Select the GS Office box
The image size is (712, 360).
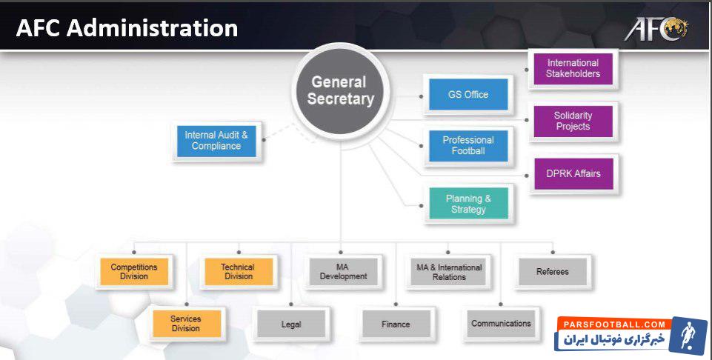pos(468,95)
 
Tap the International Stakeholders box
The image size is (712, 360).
pos(573,68)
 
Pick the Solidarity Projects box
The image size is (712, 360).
pos(573,121)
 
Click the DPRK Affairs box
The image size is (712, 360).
pos(573,173)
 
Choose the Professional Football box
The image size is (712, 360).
pos(468,145)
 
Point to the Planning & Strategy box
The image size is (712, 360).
pos(468,204)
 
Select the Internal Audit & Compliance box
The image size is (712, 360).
pos(216,141)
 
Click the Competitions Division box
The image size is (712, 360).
pos(134,272)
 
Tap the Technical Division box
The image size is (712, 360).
pos(238,272)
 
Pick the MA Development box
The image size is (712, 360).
pos(343,272)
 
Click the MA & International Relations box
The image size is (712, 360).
pos(448,272)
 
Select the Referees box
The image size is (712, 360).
pos(553,272)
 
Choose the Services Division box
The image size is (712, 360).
pos(186,324)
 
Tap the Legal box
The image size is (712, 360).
pos(291,324)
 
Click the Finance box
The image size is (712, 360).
pos(396,324)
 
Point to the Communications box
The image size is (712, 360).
pos(501,324)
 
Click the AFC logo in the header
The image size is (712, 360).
pos(656,28)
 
